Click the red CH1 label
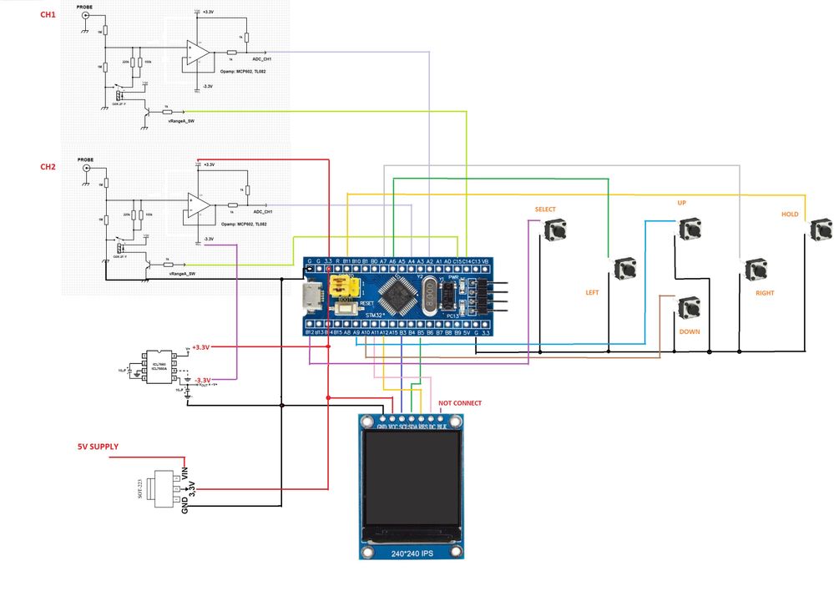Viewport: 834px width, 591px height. pyautogui.click(x=48, y=16)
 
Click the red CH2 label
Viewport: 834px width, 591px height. pyautogui.click(x=48, y=167)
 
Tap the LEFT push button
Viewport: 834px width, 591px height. pyautogui.click(x=625, y=269)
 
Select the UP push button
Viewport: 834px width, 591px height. pyautogui.click(x=690, y=229)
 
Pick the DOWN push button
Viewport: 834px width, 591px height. pyautogui.click(x=690, y=308)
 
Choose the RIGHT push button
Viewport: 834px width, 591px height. pyautogui.click(x=756, y=269)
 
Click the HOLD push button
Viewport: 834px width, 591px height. pyautogui.click(x=821, y=230)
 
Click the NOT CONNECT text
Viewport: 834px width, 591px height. pyautogui.click(x=459, y=403)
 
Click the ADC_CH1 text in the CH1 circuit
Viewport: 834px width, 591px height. pyautogui.click(x=262, y=59)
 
